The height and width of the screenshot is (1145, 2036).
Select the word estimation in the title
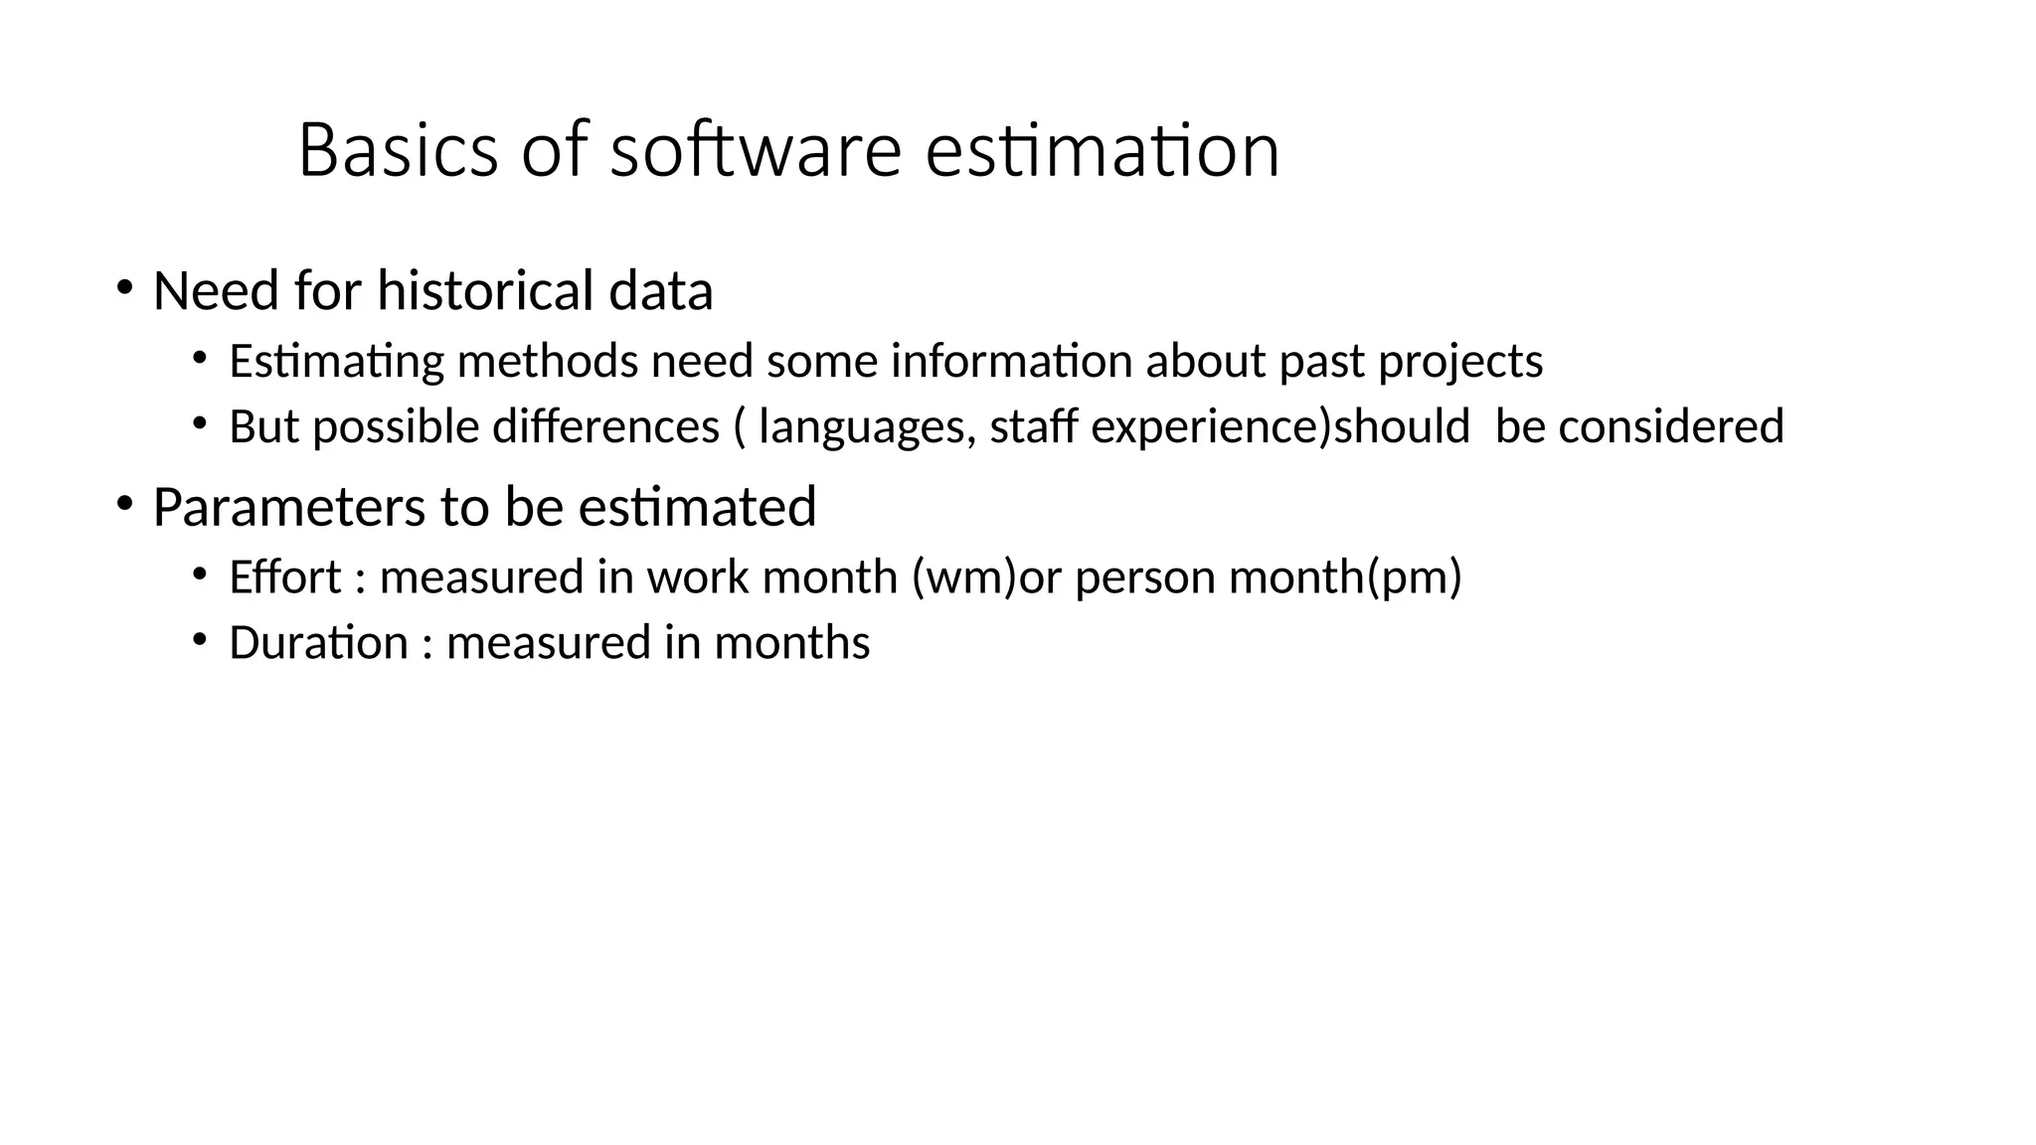[1102, 151]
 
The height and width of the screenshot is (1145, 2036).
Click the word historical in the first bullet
[485, 291]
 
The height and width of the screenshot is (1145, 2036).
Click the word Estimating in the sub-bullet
[336, 361]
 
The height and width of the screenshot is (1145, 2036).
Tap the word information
[1011, 361]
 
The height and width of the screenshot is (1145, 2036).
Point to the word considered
[1671, 427]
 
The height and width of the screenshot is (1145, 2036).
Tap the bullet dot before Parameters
[124, 504]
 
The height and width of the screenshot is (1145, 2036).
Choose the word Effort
[285, 577]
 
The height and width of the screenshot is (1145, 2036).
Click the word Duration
[318, 643]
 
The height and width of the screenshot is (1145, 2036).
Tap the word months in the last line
[791, 643]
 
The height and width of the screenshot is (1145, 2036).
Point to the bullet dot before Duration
[200, 641]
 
